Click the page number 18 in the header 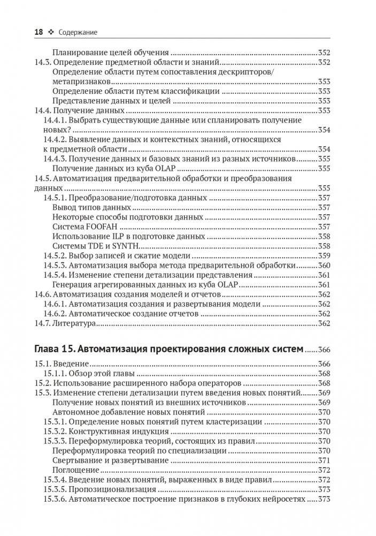[39, 33]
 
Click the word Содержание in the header [78, 33]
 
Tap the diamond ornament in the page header [51, 33]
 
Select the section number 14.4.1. [56, 120]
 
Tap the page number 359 [324, 255]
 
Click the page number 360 [324, 265]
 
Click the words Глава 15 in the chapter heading [54, 349]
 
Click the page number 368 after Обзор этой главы [324, 374]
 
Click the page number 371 [324, 460]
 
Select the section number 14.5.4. [56, 275]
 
